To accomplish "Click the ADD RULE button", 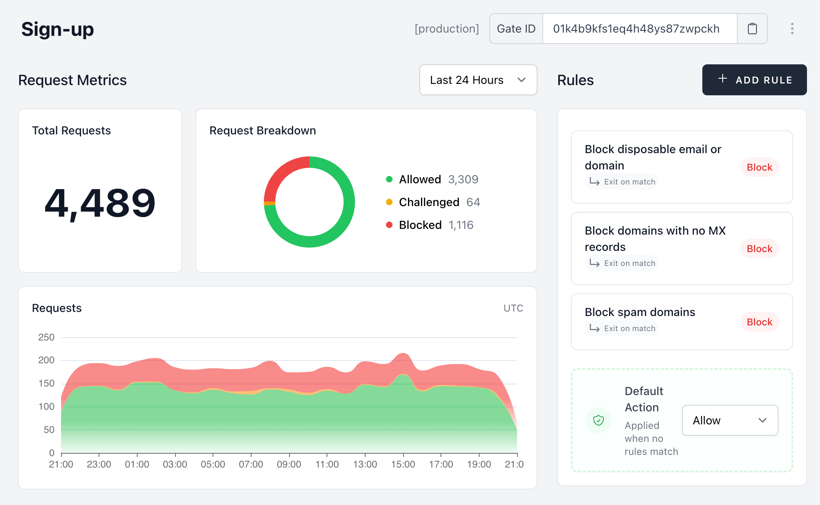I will tap(754, 80).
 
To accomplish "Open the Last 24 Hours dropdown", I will tap(478, 80).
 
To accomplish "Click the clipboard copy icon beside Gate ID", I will tap(752, 29).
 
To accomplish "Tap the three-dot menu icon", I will tap(792, 29).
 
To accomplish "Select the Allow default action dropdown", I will tap(730, 420).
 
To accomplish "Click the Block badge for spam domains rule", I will tap(759, 322).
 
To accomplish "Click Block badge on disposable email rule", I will tap(759, 167).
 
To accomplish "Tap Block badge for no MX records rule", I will tap(759, 249).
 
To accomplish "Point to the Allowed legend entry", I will tap(420, 180).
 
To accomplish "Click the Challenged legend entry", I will tap(429, 202).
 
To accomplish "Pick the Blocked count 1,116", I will tap(460, 225).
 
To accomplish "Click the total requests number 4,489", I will tap(100, 203).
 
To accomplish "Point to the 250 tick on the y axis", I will tap(46, 337).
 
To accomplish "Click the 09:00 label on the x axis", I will tap(289, 464).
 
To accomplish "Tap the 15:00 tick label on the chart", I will tap(403, 464).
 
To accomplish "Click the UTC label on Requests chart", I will tap(513, 308).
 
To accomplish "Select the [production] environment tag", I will tap(447, 29).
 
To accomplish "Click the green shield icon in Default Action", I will tap(598, 420).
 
